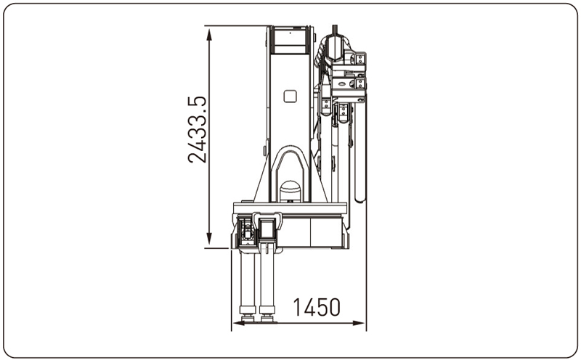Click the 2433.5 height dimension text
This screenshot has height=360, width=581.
pyautogui.click(x=197, y=130)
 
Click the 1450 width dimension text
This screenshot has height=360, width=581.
pyautogui.click(x=317, y=308)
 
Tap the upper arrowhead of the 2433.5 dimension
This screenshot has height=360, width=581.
pyautogui.click(x=209, y=34)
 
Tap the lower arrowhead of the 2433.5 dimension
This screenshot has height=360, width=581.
pyautogui.click(x=209, y=239)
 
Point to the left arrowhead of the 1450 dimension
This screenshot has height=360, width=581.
pyautogui.click(x=239, y=323)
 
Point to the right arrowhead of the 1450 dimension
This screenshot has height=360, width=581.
pyautogui.click(x=358, y=323)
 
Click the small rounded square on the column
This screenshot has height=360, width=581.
pyautogui.click(x=290, y=97)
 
